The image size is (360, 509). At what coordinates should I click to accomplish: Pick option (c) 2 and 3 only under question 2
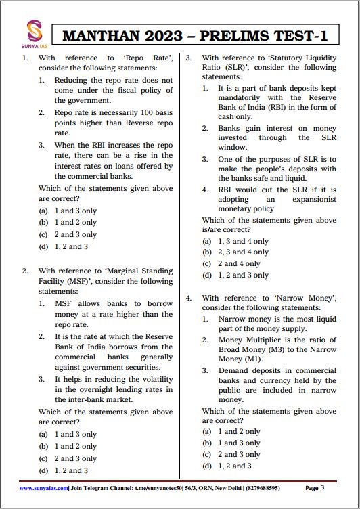coord(75,458)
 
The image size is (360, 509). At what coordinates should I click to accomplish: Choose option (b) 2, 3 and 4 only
coord(242,252)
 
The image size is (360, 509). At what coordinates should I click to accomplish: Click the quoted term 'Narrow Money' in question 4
coord(305,298)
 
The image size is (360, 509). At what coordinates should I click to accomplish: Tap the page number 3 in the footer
coord(323,487)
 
